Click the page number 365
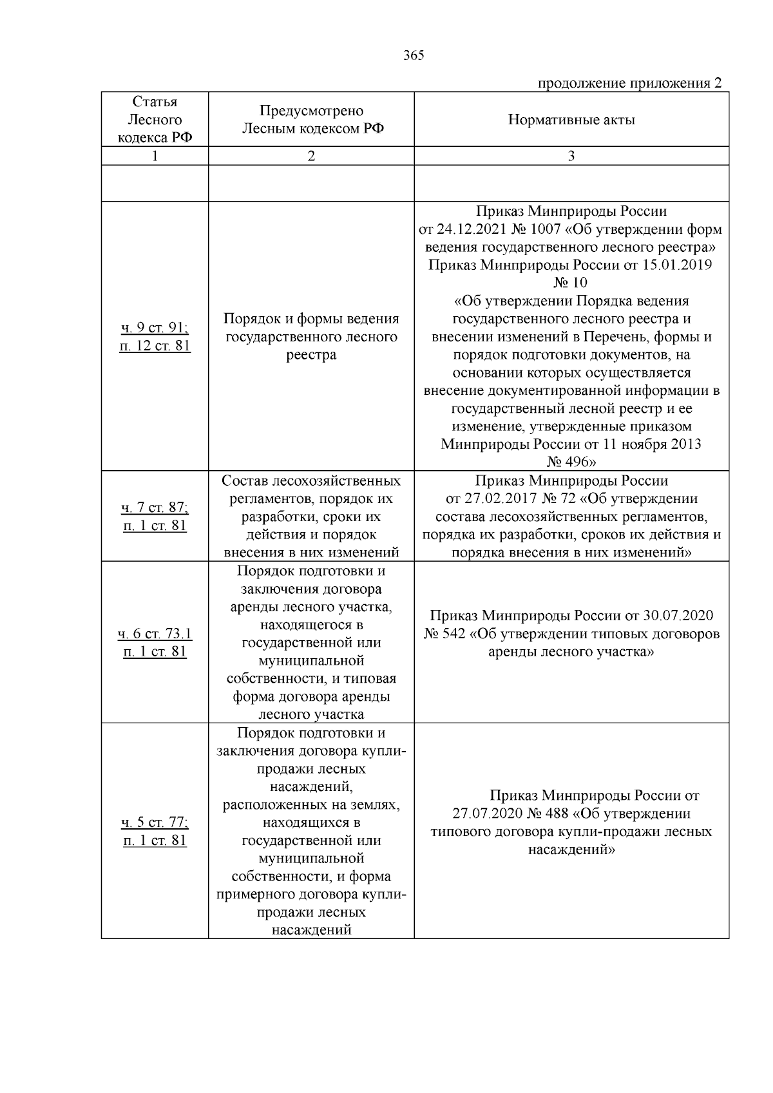click(414, 55)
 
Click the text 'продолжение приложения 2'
click(629, 83)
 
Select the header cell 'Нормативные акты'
click(571, 120)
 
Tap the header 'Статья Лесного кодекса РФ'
click(155, 120)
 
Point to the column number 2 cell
click(311, 156)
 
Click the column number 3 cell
click(571, 156)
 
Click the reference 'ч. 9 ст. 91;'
click(155, 328)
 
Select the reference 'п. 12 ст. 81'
click(155, 346)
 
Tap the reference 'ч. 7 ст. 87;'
click(155, 508)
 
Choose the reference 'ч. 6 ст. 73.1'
click(155, 634)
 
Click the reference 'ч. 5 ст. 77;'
click(155, 822)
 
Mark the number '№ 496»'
click(571, 462)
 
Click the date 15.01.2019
click(677, 265)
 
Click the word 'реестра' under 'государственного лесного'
click(311, 355)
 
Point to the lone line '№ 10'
click(571, 283)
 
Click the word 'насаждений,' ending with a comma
click(311, 786)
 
